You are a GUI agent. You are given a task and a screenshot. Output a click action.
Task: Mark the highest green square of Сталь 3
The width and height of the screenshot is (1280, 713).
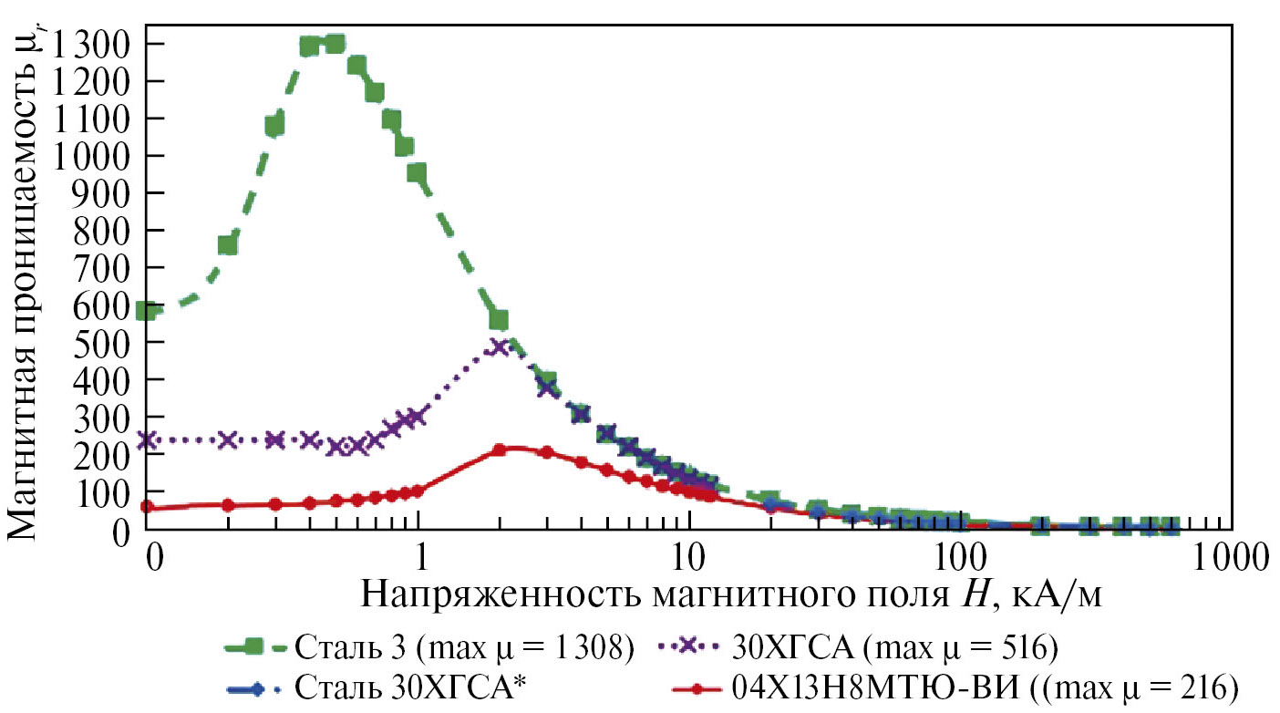[x=335, y=44]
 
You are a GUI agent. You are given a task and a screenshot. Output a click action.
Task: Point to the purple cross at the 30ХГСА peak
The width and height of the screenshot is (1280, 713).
[x=498, y=347]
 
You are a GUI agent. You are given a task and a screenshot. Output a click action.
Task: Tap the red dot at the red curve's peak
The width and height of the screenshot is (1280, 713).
[x=499, y=449]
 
